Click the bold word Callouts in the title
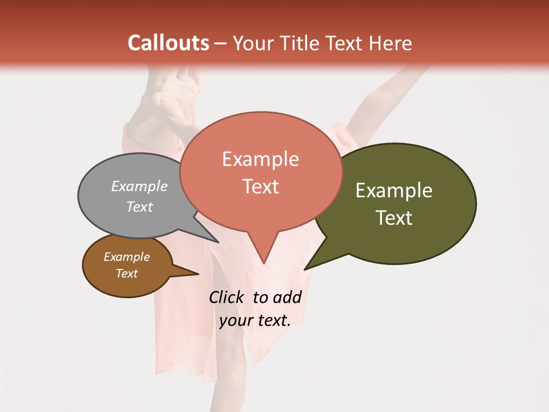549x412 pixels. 168,43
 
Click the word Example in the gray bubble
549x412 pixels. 140,186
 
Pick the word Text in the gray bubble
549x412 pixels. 140,207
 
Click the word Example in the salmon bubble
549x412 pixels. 260,159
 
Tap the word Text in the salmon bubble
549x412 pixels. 261,187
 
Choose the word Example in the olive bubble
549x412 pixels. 394,191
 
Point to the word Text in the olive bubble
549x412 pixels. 395,218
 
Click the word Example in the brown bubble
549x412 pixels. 126,257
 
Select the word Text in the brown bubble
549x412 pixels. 126,274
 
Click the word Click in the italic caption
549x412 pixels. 228,297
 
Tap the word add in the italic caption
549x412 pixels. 287,297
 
